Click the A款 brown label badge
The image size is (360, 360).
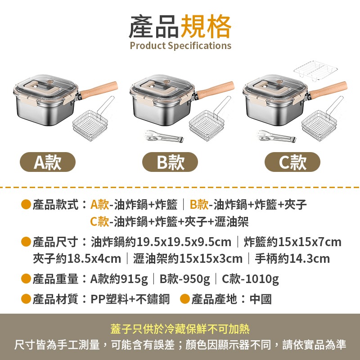coord(47,162)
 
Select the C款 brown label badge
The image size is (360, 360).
coord(292,162)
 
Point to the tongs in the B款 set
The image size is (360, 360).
coord(164,136)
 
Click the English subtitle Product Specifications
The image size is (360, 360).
coord(180,45)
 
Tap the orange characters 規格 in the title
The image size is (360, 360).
coord(206,26)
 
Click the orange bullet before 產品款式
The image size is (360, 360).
coord(26,205)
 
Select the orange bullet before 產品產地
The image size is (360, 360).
coord(185,299)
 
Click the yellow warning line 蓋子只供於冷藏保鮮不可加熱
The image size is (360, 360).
coord(180,329)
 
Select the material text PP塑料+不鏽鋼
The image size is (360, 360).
coord(130,299)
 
